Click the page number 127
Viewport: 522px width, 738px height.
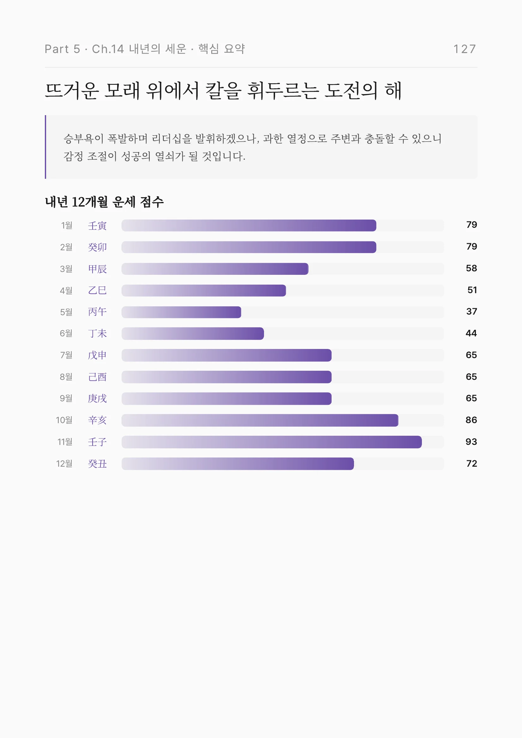point(465,49)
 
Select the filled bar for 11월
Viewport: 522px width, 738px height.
point(272,442)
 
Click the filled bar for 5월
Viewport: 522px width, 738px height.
point(181,312)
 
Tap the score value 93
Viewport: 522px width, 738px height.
point(471,442)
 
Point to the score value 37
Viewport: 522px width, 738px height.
point(471,311)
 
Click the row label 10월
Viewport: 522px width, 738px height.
point(64,420)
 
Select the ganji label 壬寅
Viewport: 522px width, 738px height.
point(97,226)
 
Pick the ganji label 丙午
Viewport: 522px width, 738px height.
point(97,312)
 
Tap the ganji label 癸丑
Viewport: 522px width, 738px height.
point(97,463)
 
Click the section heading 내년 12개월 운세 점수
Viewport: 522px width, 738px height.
point(104,202)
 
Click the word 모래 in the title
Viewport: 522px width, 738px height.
point(122,91)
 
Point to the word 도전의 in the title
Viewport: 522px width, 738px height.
point(351,91)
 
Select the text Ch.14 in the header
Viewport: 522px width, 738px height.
point(108,49)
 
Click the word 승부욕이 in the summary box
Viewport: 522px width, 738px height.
point(83,139)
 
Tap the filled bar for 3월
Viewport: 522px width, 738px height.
point(215,269)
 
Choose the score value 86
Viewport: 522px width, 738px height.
point(471,420)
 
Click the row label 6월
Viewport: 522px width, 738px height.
point(66,333)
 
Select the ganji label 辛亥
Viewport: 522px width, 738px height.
point(97,420)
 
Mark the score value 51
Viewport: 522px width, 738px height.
point(472,290)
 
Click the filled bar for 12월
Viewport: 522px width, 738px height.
point(238,463)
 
